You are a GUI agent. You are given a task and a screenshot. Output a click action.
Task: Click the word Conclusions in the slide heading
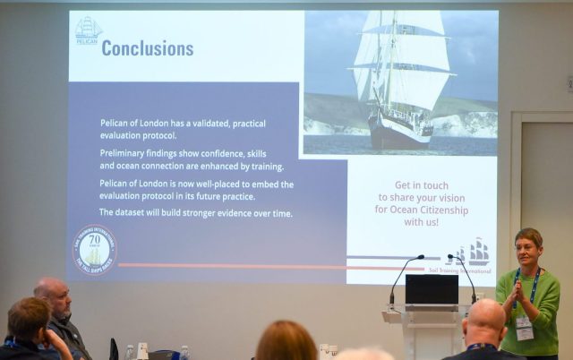[147, 48]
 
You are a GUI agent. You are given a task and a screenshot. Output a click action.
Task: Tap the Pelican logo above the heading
[89, 30]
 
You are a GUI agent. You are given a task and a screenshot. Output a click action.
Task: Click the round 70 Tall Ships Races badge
[94, 249]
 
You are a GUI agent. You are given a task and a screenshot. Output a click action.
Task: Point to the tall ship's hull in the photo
[399, 135]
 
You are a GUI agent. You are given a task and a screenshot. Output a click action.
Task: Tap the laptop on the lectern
[432, 290]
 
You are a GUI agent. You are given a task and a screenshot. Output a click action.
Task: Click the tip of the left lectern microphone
[422, 257]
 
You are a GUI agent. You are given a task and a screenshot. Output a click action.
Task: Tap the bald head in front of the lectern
[486, 318]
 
